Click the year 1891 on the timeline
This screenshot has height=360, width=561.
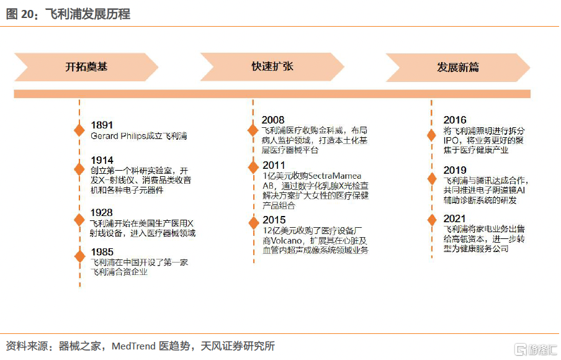pyautogui.click(x=102, y=125)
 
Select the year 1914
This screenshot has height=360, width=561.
pyautogui.click(x=102, y=160)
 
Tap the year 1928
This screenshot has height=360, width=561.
pyautogui.click(x=102, y=212)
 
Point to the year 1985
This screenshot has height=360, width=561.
pyautogui.click(x=102, y=252)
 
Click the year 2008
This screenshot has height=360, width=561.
pyautogui.click(x=273, y=120)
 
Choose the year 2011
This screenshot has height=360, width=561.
pyautogui.click(x=274, y=165)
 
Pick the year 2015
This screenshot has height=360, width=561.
pyautogui.click(x=274, y=220)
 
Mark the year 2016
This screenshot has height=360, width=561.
pyautogui.click(x=455, y=120)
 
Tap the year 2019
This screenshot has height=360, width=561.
pyautogui.click(x=455, y=170)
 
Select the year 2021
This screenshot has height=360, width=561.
pyautogui.click(x=454, y=218)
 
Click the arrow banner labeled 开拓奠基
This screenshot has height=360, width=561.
pyautogui.click(x=86, y=67)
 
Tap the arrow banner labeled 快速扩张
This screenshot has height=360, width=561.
pyautogui.click(x=272, y=66)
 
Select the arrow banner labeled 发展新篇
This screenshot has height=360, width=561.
pyautogui.click(x=458, y=67)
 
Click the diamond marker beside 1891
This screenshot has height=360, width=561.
pyautogui.click(x=79, y=130)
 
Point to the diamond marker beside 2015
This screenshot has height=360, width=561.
pyautogui.click(x=254, y=223)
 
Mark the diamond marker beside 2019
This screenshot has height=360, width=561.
pyautogui.click(x=432, y=179)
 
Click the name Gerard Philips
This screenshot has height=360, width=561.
pyautogui.click(x=119, y=137)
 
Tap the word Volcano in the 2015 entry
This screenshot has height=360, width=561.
pyautogui.click(x=286, y=241)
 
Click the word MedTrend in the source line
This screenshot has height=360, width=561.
pyautogui.click(x=133, y=346)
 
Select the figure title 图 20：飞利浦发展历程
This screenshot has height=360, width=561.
pyautogui.click(x=68, y=14)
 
